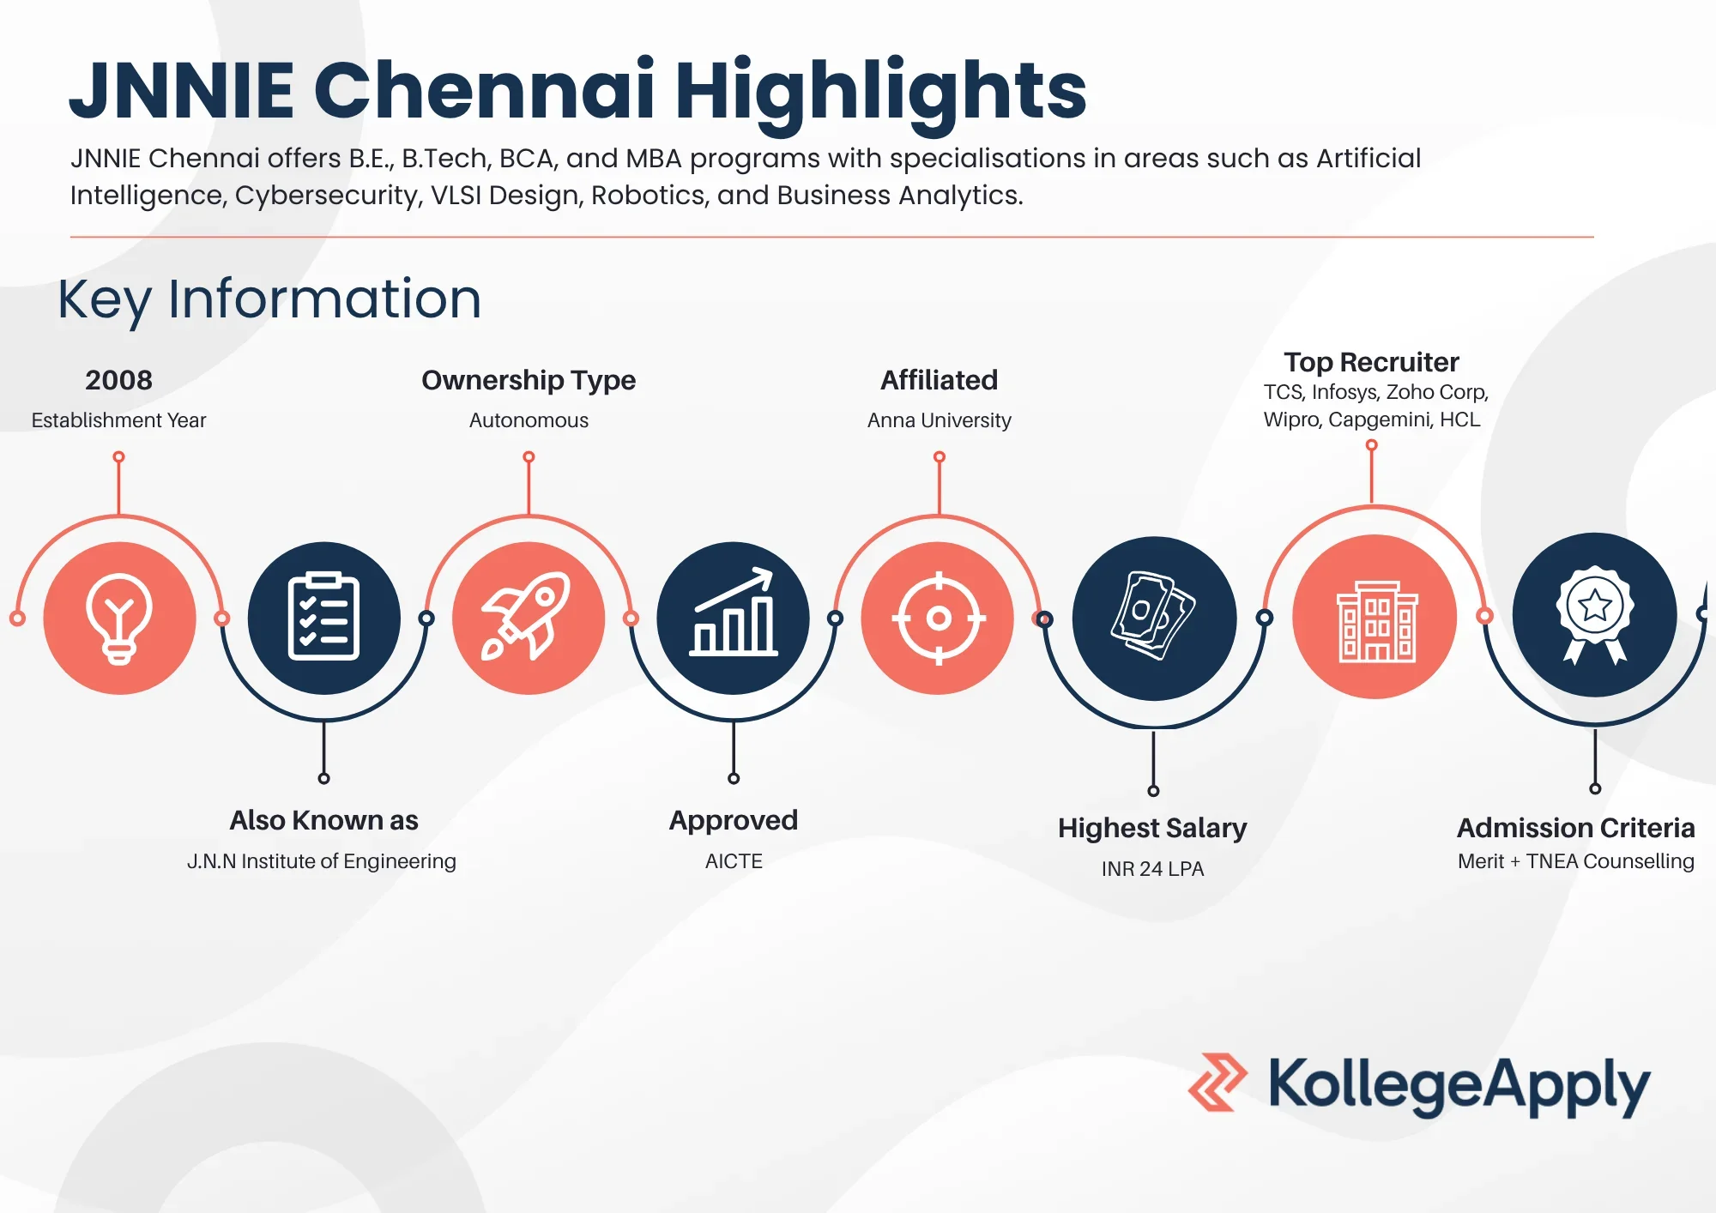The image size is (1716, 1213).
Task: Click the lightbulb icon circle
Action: click(119, 618)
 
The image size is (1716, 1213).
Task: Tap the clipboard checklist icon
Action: click(323, 616)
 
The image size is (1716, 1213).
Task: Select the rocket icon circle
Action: click(529, 618)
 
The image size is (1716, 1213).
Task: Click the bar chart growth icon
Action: click(734, 613)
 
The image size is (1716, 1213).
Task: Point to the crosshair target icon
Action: click(939, 618)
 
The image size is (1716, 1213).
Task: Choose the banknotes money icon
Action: click(1153, 615)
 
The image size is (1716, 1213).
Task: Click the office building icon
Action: click(1375, 621)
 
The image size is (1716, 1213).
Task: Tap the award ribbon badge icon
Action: click(1594, 614)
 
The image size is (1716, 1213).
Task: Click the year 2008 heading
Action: click(118, 380)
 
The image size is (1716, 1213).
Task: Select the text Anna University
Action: click(939, 420)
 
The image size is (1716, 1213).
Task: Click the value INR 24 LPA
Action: click(1152, 869)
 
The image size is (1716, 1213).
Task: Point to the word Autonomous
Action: click(529, 420)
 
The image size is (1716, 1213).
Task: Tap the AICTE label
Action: click(734, 861)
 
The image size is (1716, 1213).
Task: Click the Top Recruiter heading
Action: click(1371, 362)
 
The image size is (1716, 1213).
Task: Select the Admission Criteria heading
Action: click(1575, 828)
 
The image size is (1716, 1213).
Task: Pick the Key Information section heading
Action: click(269, 299)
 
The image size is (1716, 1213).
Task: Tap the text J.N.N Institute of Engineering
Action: click(322, 861)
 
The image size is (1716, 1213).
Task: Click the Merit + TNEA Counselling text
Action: click(1575, 861)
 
